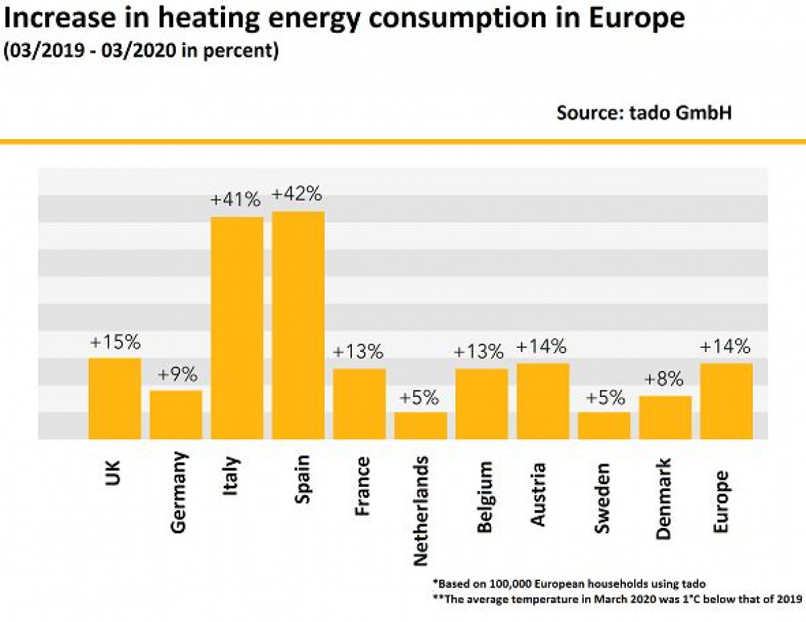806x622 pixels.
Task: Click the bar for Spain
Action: coord(298,325)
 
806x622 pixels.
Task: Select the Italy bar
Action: coord(237,328)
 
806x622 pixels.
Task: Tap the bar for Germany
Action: coord(176,414)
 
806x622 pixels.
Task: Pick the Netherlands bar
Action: coord(420,425)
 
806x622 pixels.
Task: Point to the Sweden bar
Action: coord(604,425)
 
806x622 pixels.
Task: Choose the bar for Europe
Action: coord(726,401)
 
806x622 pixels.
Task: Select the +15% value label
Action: coord(116,343)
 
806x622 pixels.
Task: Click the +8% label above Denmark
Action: coord(664,380)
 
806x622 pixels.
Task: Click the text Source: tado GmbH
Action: coord(643,113)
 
